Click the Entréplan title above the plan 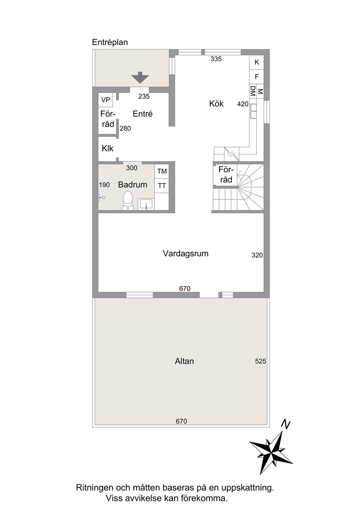click(x=110, y=42)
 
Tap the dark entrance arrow click(x=140, y=78)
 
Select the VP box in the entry click(x=106, y=100)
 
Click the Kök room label click(x=216, y=104)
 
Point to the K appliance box click(x=257, y=62)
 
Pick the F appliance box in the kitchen click(x=257, y=77)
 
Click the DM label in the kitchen click(x=253, y=91)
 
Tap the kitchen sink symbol click(x=253, y=111)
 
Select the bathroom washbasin click(x=146, y=204)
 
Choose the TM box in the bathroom click(x=162, y=171)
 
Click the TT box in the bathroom click(x=162, y=186)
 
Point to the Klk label click(x=107, y=149)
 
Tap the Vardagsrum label click(x=185, y=254)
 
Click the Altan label click(x=184, y=361)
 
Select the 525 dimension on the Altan click(x=261, y=361)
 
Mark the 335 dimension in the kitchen click(x=216, y=59)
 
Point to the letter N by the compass click(x=286, y=425)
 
